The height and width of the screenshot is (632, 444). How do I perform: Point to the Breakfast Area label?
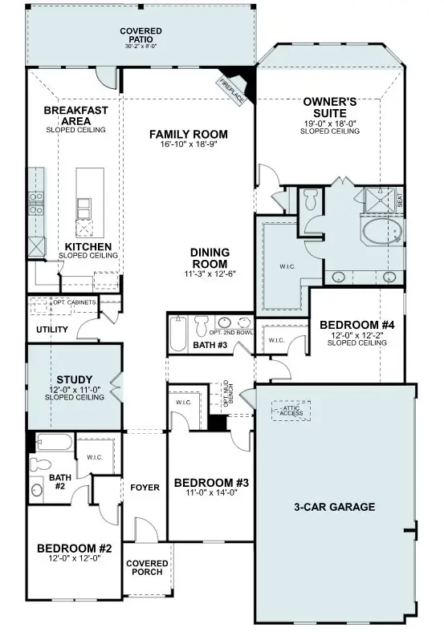coord(75,115)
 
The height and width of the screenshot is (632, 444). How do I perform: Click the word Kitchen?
coord(88,246)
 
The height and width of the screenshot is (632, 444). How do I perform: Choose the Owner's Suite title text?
coord(329,107)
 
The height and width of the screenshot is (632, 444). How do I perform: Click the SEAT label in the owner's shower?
coord(400,201)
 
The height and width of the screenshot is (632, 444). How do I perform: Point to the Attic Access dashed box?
coord(291,410)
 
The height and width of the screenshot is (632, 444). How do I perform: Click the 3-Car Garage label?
coord(334,507)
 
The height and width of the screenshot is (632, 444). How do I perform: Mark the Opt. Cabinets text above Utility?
coord(75,302)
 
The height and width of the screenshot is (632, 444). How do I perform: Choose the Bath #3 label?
coord(210,346)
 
